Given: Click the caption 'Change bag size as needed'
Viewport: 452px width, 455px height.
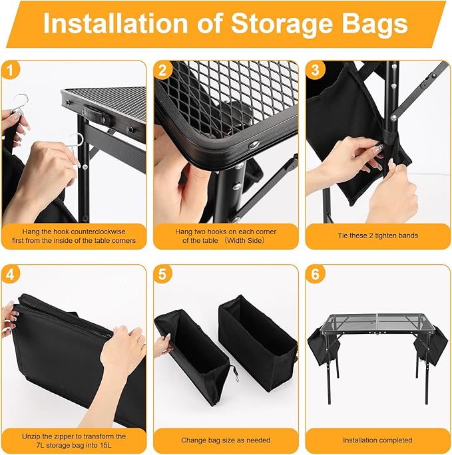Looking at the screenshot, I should [226, 440].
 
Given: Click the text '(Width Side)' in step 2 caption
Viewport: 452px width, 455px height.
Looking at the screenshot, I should [246, 240].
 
